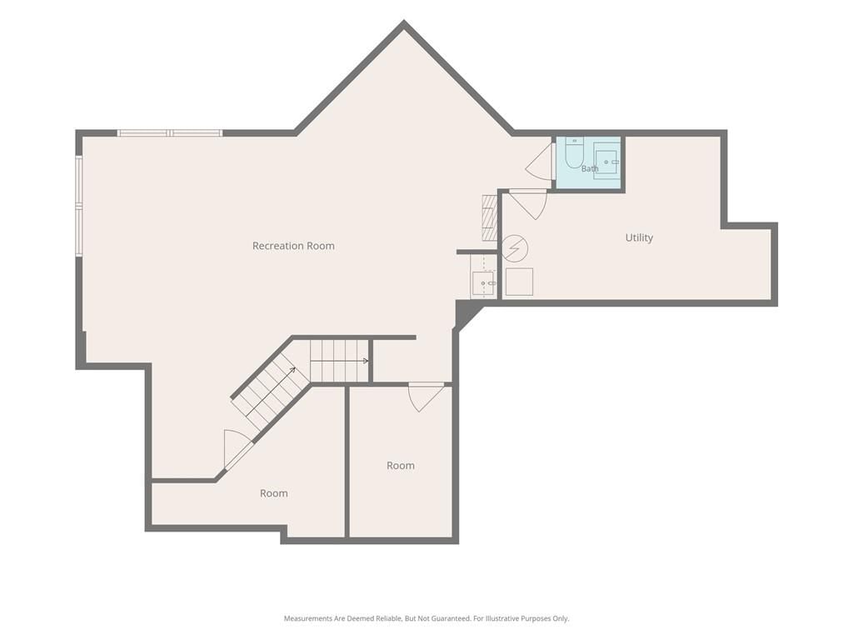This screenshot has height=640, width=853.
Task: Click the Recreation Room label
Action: click(293, 246)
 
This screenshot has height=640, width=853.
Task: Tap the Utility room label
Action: click(639, 237)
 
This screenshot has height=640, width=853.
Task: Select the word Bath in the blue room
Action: click(590, 168)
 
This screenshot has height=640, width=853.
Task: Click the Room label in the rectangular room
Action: click(401, 466)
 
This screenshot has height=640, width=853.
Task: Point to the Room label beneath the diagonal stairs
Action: click(273, 493)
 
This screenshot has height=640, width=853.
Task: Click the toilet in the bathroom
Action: click(574, 152)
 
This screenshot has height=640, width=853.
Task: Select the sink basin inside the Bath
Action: click(606, 162)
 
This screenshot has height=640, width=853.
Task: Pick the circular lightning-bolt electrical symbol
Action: click(514, 248)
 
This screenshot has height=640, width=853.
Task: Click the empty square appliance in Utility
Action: click(520, 282)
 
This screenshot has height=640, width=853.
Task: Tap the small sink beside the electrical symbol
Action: click(483, 283)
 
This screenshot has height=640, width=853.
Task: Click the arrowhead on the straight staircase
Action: click(366, 361)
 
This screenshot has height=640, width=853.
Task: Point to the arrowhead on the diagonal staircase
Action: click(292, 371)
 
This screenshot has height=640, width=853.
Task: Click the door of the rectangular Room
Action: click(426, 396)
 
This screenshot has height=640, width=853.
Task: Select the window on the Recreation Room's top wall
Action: click(170, 132)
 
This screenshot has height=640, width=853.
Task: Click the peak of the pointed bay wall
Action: click(404, 22)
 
